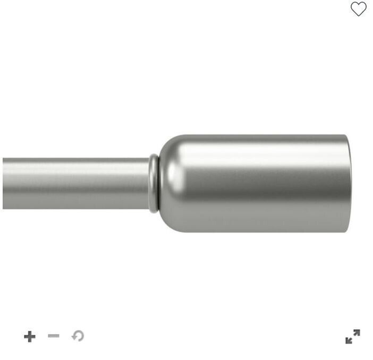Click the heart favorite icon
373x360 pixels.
[359, 8]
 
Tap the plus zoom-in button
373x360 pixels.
[30, 336]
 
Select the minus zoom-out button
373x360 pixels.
[54, 336]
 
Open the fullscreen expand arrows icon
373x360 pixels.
[352, 337]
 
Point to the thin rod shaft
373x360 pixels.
[74, 183]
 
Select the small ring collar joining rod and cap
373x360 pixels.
[154, 183]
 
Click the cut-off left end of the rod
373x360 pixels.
[4, 183]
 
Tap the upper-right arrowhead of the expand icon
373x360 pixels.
[357, 332]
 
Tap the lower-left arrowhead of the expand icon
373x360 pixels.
[348, 341]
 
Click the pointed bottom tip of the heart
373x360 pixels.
[359, 16]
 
